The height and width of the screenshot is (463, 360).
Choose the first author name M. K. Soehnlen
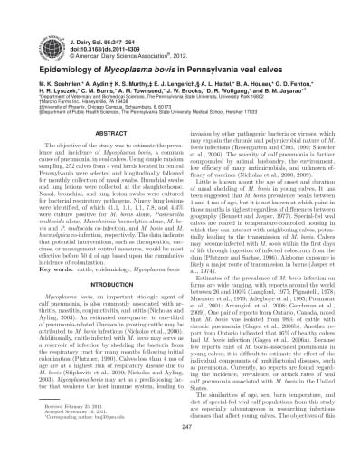point(43,74)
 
